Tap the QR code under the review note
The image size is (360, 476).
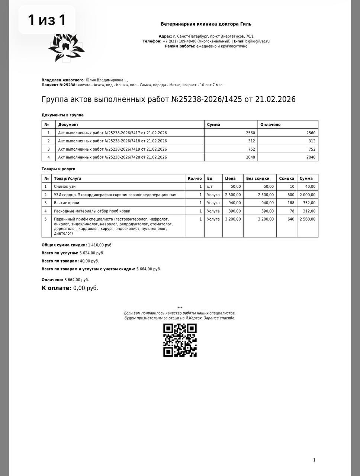click(x=180, y=340)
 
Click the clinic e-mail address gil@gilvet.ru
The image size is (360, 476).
click(x=259, y=41)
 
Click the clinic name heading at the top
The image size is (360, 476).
click(x=206, y=24)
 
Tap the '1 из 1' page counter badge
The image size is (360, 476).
click(x=47, y=20)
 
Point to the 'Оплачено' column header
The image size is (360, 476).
click(x=270, y=125)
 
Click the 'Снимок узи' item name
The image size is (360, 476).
click(x=65, y=187)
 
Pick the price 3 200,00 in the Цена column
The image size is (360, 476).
click(x=233, y=219)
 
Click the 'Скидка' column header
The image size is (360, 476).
click(x=286, y=178)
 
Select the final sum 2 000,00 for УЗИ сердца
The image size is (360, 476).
click(x=308, y=195)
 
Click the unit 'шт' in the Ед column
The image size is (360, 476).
click(x=210, y=187)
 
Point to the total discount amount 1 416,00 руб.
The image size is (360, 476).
click(x=100, y=245)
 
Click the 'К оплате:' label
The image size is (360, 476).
click(x=56, y=288)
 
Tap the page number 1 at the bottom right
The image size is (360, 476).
click(x=314, y=460)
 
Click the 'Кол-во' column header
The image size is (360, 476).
click(x=195, y=178)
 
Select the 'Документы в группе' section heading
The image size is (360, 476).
click(x=62, y=115)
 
